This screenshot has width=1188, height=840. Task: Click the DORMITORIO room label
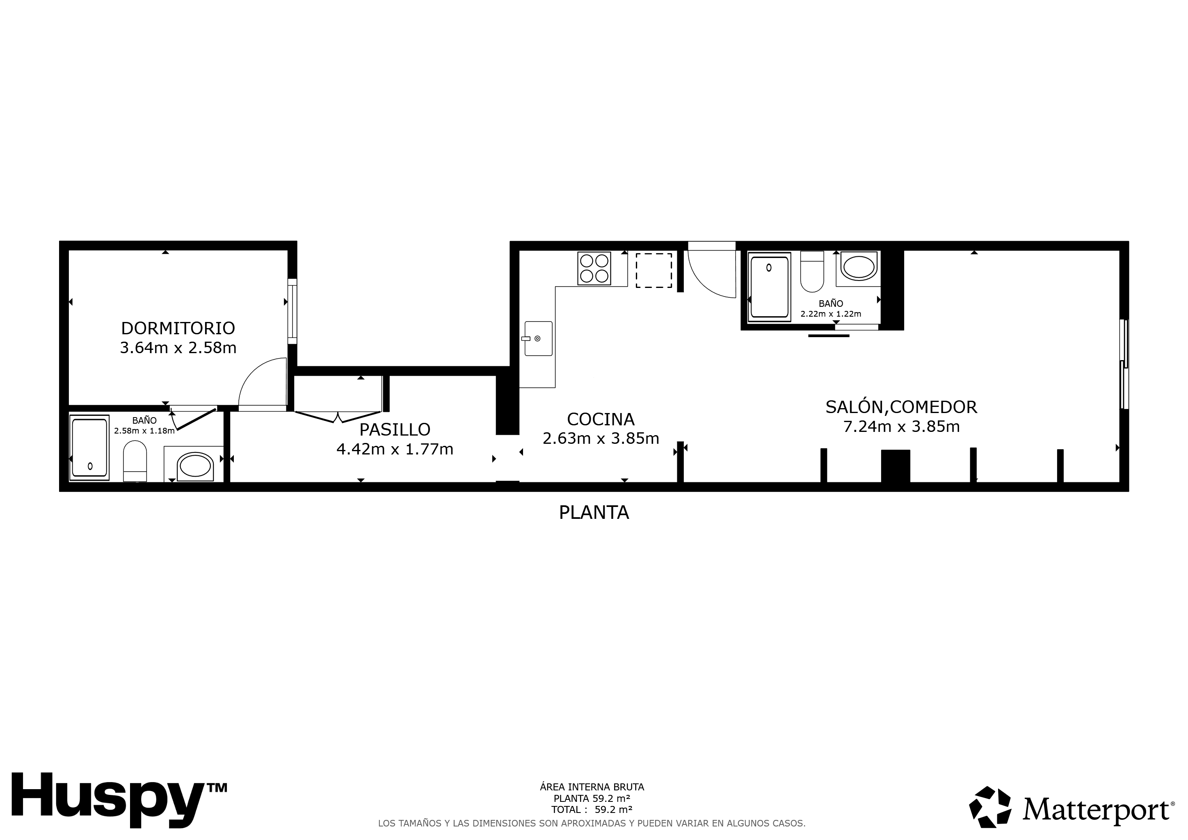(x=178, y=328)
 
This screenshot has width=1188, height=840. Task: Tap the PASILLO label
(x=395, y=429)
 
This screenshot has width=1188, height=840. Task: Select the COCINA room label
(x=601, y=419)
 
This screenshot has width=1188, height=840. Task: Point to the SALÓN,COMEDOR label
(x=901, y=406)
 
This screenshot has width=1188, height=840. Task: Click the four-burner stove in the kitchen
(x=594, y=269)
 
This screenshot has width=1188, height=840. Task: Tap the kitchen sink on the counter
(x=539, y=338)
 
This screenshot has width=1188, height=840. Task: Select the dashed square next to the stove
(x=654, y=270)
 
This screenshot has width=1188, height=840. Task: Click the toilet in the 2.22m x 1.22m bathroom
(x=812, y=272)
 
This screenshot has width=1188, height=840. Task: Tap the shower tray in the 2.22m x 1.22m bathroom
(x=770, y=287)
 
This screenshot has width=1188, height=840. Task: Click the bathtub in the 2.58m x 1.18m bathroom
(x=89, y=447)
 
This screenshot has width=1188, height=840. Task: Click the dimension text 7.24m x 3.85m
(x=901, y=427)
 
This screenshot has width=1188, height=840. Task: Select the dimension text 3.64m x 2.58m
(x=178, y=347)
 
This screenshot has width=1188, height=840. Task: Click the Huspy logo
(x=119, y=799)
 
